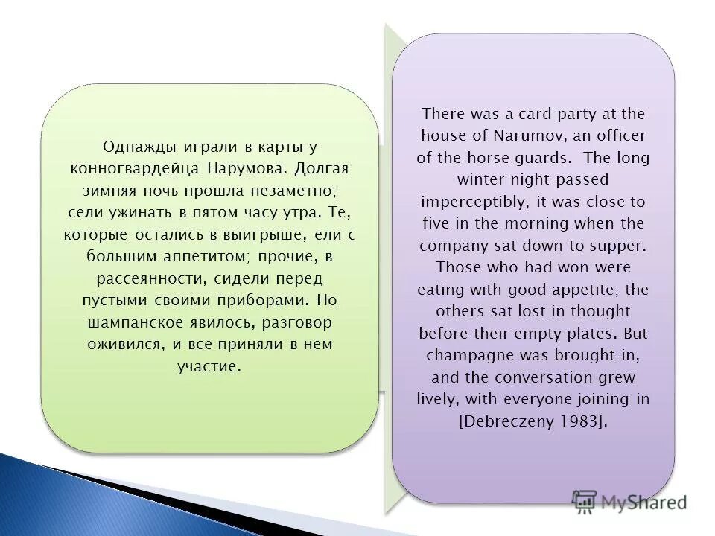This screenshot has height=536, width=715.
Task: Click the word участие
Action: click(x=209, y=366)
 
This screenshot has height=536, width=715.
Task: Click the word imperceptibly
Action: click(x=471, y=202)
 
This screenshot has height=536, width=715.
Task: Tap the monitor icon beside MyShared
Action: click(x=585, y=501)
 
